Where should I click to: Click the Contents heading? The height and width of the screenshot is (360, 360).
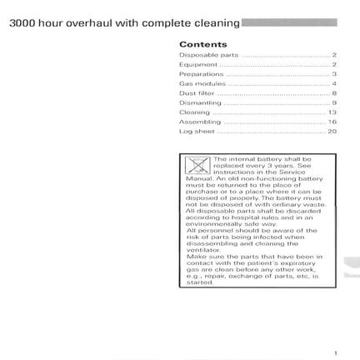tap(202, 44)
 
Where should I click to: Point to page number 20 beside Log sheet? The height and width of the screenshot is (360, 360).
tap(332, 132)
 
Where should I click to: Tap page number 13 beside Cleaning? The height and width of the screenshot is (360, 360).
tap(332, 112)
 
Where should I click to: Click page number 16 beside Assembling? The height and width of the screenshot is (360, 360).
tap(332, 122)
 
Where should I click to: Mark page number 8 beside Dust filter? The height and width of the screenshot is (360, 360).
tap(333, 93)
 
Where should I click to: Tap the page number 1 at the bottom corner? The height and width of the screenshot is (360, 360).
tap(333, 352)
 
